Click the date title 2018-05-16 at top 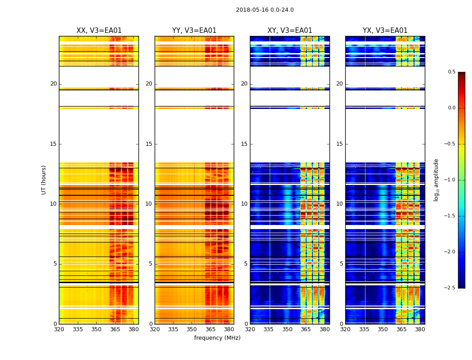tap(265, 10)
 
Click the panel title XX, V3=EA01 tap(99, 31)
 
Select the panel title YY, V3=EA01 tap(194, 31)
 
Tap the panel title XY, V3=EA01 tap(289, 31)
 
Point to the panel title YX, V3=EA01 tap(385, 31)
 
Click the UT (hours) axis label tap(44, 180)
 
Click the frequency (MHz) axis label tap(217, 338)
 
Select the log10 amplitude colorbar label tap(436, 180)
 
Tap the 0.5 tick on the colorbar tap(451, 72)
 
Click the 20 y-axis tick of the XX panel tap(53, 84)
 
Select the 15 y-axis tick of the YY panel tap(149, 144)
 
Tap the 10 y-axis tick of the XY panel tap(245, 204)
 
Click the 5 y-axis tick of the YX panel tap(341, 264)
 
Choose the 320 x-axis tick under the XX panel tap(59, 329)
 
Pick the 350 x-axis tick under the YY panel tap(192, 329)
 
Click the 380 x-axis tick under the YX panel tap(420, 329)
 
